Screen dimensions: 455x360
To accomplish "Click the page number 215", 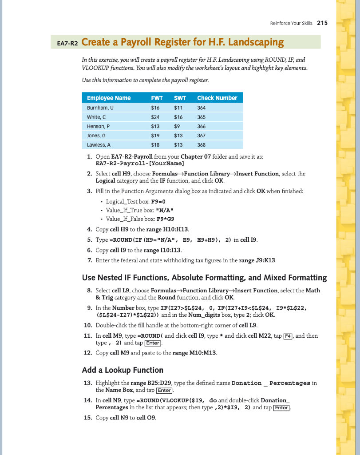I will [323, 23].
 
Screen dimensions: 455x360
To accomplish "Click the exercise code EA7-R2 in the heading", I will [68, 43].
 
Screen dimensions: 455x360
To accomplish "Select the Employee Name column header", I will [109, 98].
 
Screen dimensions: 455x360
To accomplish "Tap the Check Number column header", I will [217, 98].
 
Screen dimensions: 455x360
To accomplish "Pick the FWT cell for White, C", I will [155, 117].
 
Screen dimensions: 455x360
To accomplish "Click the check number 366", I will [201, 126].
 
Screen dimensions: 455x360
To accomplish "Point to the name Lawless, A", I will [99, 145].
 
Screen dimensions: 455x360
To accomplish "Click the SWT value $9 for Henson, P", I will [178, 126].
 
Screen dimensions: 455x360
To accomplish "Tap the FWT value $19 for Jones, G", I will [155, 136].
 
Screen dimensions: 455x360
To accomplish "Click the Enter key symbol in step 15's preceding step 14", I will [281, 408].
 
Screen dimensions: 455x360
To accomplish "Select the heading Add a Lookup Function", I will [123, 370].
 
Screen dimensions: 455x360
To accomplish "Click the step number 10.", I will [87, 325].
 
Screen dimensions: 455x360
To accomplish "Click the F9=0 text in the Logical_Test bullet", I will [158, 201].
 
